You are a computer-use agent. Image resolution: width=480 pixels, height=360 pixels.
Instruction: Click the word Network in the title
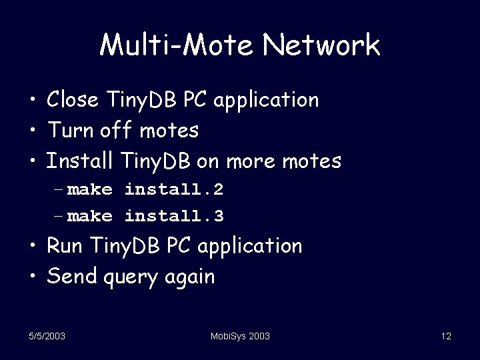pyautogui.click(x=321, y=45)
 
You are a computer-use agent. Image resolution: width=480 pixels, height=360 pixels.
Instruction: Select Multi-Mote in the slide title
pyautogui.click(x=177, y=45)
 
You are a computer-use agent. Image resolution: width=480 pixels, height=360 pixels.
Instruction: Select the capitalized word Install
pyautogui.click(x=80, y=160)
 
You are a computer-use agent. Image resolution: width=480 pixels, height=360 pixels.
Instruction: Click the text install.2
pyautogui.click(x=174, y=189)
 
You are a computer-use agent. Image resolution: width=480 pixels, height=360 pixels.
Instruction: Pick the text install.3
pyautogui.click(x=174, y=216)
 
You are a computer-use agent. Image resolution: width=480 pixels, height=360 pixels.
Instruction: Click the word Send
pyautogui.click(x=72, y=275)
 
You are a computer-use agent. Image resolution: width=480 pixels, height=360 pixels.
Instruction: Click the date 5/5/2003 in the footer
pyautogui.click(x=47, y=337)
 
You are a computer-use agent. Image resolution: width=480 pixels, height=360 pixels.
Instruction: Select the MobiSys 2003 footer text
pyautogui.click(x=240, y=337)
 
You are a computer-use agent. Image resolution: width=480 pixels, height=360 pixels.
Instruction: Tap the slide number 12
pyautogui.click(x=446, y=337)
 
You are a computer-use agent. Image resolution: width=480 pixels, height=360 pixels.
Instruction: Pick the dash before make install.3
pyautogui.click(x=60, y=217)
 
